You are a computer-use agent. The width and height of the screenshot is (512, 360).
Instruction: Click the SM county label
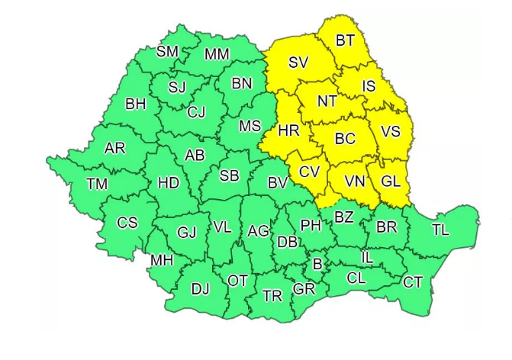(x=167, y=52)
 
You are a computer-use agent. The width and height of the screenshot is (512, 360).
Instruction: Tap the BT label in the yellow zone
(x=345, y=41)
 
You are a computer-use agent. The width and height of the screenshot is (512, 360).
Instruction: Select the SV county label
(x=298, y=63)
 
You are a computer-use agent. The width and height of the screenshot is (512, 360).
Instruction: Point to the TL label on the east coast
(x=440, y=230)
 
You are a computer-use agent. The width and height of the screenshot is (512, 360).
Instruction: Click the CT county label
(x=412, y=283)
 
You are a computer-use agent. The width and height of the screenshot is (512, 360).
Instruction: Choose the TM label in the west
(x=97, y=183)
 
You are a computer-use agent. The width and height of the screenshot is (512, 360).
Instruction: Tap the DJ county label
(x=200, y=288)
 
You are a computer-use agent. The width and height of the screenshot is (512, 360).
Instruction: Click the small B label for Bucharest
(x=317, y=265)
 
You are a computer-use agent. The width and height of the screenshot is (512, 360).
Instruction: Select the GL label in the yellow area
(x=390, y=182)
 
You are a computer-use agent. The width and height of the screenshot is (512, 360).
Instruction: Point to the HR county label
(x=288, y=131)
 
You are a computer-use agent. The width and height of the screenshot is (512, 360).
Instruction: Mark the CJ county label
(x=196, y=114)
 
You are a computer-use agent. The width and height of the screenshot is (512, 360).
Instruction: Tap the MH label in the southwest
(x=161, y=260)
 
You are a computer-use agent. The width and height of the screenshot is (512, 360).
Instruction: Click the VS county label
(x=390, y=131)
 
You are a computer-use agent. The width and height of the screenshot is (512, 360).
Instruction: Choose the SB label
(x=229, y=176)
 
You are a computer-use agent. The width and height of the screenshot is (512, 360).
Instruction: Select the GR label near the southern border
(x=304, y=289)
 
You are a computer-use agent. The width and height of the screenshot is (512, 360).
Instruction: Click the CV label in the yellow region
(x=308, y=172)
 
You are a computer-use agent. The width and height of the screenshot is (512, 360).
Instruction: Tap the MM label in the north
(x=217, y=55)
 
